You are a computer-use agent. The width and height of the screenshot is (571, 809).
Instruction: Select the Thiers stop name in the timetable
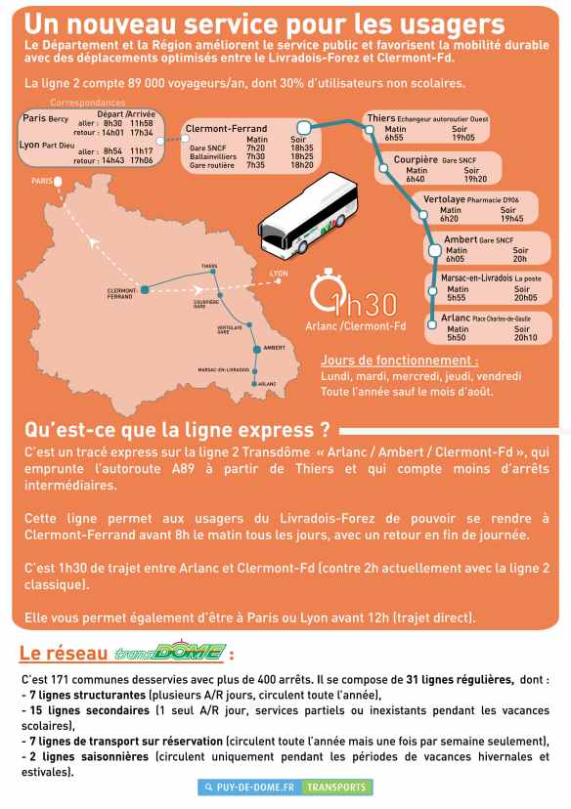[x=380, y=118]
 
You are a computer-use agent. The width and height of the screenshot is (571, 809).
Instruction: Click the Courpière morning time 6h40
[x=415, y=179]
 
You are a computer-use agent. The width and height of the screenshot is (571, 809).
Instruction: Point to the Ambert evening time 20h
[x=519, y=259]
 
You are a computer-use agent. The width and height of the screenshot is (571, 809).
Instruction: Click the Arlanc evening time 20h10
[x=525, y=338]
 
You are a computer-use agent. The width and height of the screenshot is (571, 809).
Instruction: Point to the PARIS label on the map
[x=40, y=181]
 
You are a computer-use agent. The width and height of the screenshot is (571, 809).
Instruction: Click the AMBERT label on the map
[x=274, y=347]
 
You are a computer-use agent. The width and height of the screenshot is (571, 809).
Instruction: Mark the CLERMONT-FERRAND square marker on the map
[x=145, y=289]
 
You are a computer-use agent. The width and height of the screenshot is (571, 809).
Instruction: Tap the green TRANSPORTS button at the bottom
[x=336, y=787]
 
